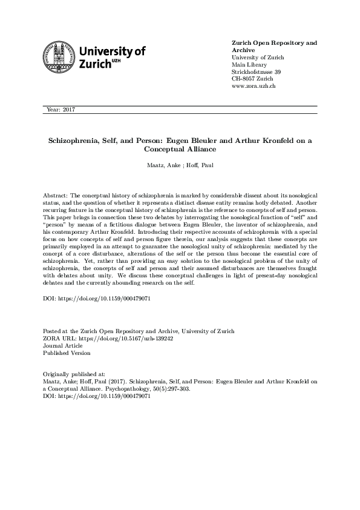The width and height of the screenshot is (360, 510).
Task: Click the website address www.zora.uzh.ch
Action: (x=254, y=87)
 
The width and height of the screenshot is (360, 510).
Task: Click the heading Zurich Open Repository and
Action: (x=274, y=44)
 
